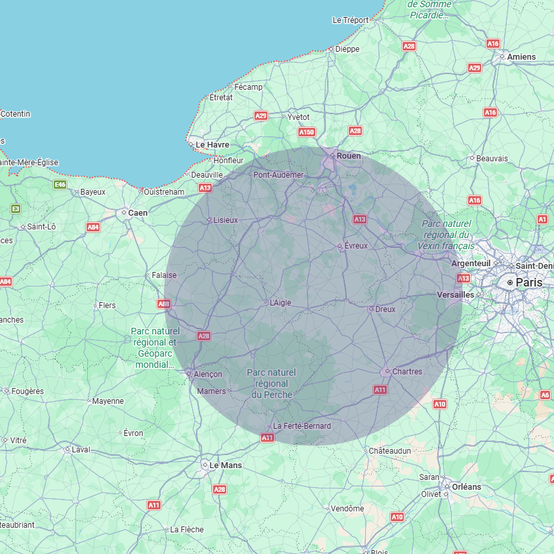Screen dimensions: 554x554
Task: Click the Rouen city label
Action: (x=349, y=156)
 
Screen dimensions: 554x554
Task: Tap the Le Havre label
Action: (x=212, y=144)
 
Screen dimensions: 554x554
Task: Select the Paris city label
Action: (x=529, y=282)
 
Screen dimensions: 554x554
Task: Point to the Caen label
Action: (x=138, y=213)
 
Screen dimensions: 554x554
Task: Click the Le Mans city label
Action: (x=225, y=465)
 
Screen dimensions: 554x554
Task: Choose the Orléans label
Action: (x=466, y=487)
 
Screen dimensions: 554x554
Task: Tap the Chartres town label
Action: (x=406, y=372)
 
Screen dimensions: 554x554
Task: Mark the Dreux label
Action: (x=386, y=309)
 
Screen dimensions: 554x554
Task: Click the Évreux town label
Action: (x=356, y=246)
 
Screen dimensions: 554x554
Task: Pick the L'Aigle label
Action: (x=280, y=303)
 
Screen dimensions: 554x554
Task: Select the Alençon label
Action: (x=208, y=374)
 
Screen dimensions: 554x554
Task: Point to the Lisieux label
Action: (x=226, y=220)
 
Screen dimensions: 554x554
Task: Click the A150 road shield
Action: (x=307, y=132)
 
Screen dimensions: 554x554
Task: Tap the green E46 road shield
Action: (x=60, y=185)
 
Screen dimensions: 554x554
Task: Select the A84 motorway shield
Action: (x=93, y=228)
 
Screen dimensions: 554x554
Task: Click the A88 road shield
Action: (x=164, y=304)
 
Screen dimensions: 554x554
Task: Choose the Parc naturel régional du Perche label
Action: (x=271, y=384)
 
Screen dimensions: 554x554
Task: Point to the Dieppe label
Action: (x=347, y=49)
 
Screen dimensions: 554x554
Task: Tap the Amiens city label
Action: (x=521, y=57)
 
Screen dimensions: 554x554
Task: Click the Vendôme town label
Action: (x=347, y=509)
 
